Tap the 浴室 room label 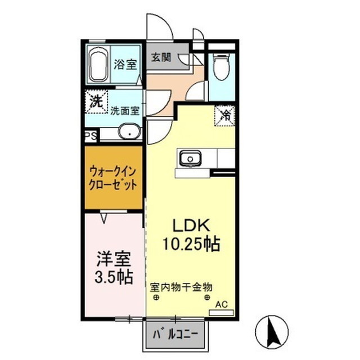click(x=125, y=64)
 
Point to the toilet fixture click(x=221, y=67)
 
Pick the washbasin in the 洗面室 click(x=129, y=133)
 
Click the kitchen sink click(x=190, y=159)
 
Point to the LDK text click(x=191, y=226)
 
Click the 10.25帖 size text click(x=191, y=245)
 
